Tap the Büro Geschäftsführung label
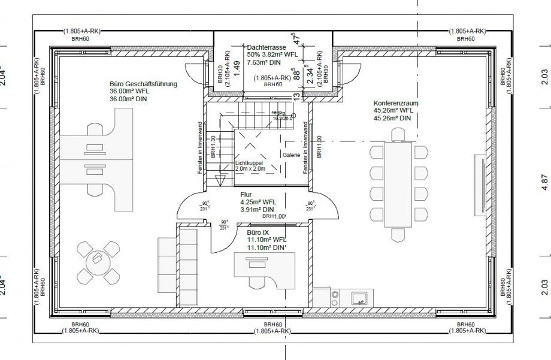pyautogui.click(x=143, y=84)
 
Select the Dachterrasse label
pyautogui.click(x=265, y=46)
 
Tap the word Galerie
pyautogui.click(x=291, y=154)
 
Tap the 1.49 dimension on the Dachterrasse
pyautogui.click(x=237, y=68)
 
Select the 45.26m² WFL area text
pyautogui.click(x=393, y=110)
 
